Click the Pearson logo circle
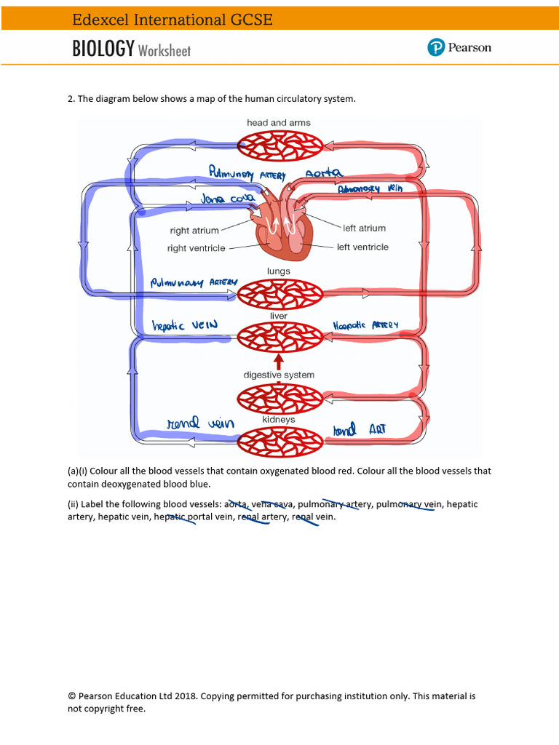point(436,48)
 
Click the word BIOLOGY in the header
point(103,49)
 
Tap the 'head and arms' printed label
point(278,123)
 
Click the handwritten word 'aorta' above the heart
point(323,174)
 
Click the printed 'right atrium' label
point(194,231)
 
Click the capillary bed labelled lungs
point(280,294)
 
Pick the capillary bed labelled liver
point(280,338)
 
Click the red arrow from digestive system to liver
point(279,361)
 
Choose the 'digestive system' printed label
point(279,375)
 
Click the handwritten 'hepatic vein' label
point(184,326)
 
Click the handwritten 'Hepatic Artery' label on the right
point(365,325)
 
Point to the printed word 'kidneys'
point(279,420)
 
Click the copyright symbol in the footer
point(71,696)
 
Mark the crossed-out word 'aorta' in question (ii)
point(235,503)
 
